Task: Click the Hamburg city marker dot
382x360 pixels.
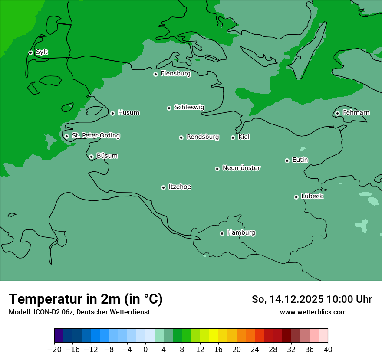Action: coord(222,233)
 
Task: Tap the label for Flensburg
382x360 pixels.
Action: coord(175,74)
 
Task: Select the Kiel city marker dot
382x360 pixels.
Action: coord(233,137)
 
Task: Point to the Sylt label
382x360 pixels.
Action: coord(42,52)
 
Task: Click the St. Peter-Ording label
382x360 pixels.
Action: coord(95,136)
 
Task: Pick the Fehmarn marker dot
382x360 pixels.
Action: coord(337,113)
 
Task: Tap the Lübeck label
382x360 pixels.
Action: coord(312,196)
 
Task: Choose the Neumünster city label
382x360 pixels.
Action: coord(241,168)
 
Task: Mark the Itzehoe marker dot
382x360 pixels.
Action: coord(163,187)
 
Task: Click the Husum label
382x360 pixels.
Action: coord(128,113)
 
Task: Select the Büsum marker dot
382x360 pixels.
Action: coord(91,157)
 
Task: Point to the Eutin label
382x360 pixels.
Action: coord(300,160)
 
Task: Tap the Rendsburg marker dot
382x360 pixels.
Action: coord(181,137)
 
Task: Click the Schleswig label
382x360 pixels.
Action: coord(189,107)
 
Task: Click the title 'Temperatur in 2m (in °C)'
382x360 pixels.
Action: coord(86,299)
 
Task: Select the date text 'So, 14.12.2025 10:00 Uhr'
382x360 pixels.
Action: coord(312,299)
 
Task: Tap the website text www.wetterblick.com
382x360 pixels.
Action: coord(313,312)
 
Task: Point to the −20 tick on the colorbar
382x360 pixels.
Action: coord(55,350)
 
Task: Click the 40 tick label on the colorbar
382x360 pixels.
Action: coord(328,350)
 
